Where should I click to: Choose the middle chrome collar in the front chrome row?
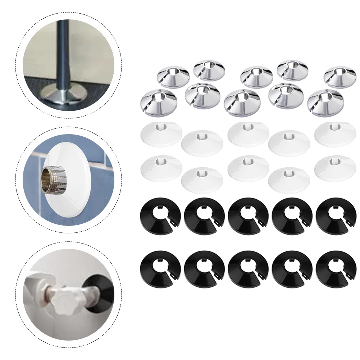(242, 103)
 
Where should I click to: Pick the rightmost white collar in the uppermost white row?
(335, 134)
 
